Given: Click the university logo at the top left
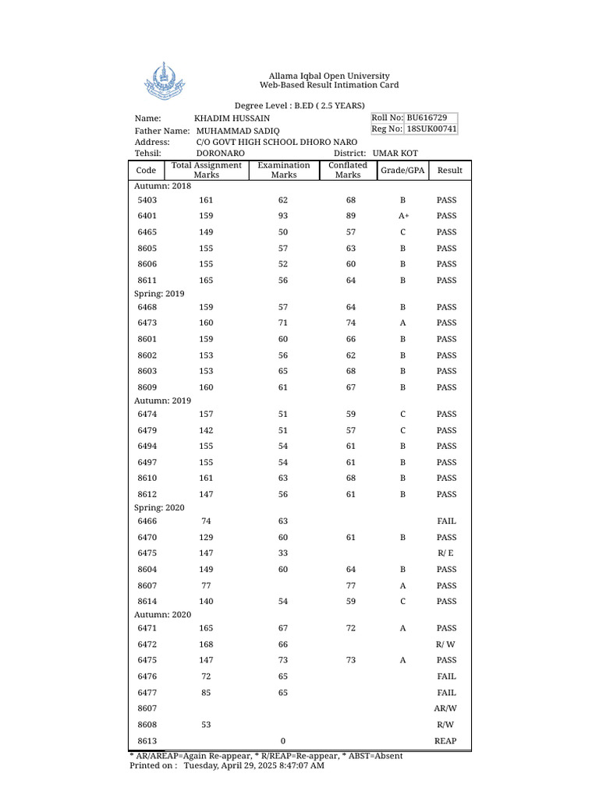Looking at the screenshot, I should coord(162,81).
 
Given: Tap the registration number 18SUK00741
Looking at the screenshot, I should coord(431,129).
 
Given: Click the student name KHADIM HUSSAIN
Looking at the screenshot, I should coord(232,118).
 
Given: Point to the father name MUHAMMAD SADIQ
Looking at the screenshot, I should coord(238,131).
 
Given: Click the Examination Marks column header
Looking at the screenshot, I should coord(284,170).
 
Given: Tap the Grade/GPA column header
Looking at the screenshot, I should coord(402,170).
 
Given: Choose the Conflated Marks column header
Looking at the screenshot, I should coord(348,170).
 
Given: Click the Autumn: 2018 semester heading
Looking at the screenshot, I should coord(162,187).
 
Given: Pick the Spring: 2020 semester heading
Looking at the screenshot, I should coord(160,508).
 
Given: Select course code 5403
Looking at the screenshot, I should coord(147,200).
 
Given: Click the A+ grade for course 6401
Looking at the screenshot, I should coord(403,216).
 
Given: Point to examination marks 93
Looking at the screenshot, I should coord(283,216).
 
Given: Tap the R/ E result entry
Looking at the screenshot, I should coord(446,553).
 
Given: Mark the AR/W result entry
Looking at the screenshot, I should coord(445,709).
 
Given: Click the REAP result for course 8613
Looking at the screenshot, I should coord(445,741).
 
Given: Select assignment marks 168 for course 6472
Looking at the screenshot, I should coord(206,644).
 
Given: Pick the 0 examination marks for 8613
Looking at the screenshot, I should coord(283,741).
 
